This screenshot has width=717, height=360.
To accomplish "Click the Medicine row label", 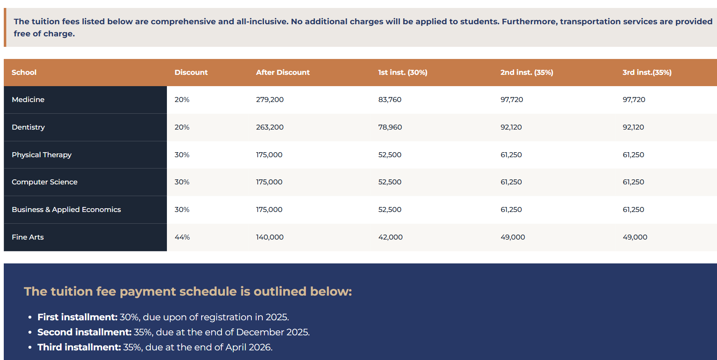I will (x=28, y=100).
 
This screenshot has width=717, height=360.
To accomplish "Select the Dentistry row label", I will (x=28, y=127).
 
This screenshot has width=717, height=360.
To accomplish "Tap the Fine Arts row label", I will (x=28, y=237).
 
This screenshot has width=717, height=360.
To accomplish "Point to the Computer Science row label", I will (x=44, y=182).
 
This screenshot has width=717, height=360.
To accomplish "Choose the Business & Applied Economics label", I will (x=66, y=209).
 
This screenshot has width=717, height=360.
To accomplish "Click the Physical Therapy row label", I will (x=41, y=155).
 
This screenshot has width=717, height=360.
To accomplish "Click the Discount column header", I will (x=191, y=72).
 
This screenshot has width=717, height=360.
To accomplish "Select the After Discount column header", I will (x=283, y=72).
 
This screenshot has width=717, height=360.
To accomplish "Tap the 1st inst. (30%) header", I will (x=402, y=72).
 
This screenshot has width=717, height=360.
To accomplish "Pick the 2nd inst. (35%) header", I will (x=526, y=72).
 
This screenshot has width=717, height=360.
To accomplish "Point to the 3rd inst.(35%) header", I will (x=647, y=72).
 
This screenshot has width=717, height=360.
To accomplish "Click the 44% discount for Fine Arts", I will (x=182, y=237).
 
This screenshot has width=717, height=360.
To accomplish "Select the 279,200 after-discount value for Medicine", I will (x=270, y=100).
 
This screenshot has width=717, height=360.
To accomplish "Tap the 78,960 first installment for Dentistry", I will (x=390, y=127).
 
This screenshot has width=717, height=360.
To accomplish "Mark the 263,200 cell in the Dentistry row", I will (x=270, y=127).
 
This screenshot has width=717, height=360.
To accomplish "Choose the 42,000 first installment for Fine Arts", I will (x=390, y=237).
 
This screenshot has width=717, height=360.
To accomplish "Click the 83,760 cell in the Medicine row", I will (x=389, y=100).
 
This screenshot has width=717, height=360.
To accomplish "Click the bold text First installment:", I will (x=77, y=317).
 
